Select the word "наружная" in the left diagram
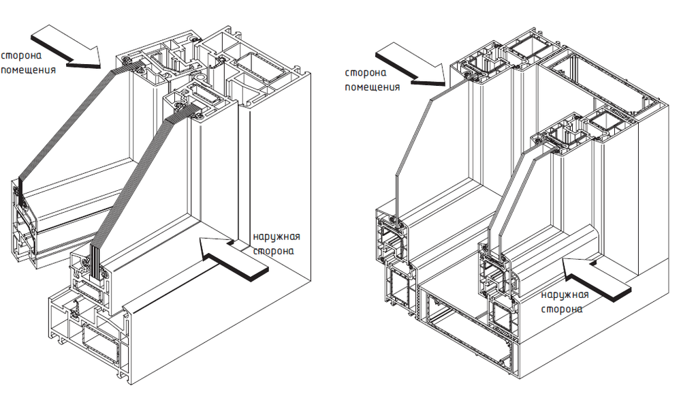coord(276,237)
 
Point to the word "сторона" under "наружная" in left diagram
coord(274,250)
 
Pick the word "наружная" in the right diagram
coord(565,295)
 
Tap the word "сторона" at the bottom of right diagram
coord(563,309)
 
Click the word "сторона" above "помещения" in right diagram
coord(366,73)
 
